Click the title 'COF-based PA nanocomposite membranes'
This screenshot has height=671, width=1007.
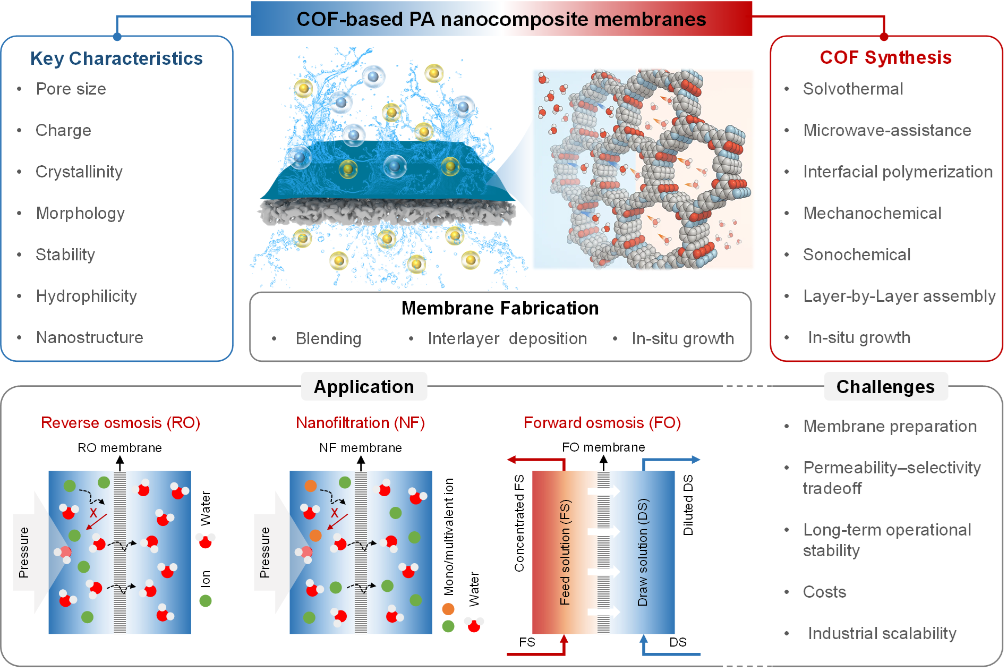pyautogui.click(x=501, y=19)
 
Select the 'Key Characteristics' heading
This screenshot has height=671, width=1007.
pyautogui.click(x=116, y=58)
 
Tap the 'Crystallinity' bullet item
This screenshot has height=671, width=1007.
pyautogui.click(x=79, y=172)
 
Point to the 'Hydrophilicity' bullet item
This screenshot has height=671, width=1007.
pyautogui.click(x=87, y=296)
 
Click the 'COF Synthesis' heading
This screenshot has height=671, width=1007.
pyautogui.click(x=885, y=57)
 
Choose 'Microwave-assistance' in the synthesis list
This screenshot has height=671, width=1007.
pyautogui.click(x=887, y=130)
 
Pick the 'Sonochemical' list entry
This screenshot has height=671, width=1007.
pyautogui.click(x=857, y=254)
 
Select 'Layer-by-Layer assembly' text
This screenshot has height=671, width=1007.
pyautogui.click(x=899, y=296)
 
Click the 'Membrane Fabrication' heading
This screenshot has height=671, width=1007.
pyautogui.click(x=500, y=308)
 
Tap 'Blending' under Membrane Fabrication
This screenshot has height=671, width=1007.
pyautogui.click(x=328, y=338)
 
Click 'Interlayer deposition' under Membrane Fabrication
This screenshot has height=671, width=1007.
pyautogui.click(x=507, y=338)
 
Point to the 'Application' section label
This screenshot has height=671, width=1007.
pyautogui.click(x=364, y=387)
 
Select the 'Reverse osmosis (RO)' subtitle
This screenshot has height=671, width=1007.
pyautogui.click(x=121, y=423)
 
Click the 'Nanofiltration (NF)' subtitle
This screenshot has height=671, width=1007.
pyautogui.click(x=360, y=423)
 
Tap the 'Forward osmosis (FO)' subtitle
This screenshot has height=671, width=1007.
pyautogui.click(x=602, y=423)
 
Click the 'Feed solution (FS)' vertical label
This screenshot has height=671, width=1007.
pyautogui.click(x=565, y=552)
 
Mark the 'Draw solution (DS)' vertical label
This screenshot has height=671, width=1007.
pyautogui.click(x=643, y=552)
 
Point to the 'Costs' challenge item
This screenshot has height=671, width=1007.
pyautogui.click(x=824, y=592)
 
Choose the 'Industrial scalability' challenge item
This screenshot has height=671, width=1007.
pyautogui.click(x=882, y=633)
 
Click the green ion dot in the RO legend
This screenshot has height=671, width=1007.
pyautogui.click(x=206, y=601)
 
